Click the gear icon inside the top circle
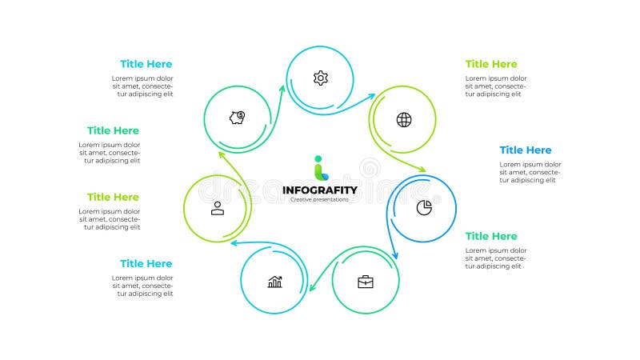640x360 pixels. pos(320,78)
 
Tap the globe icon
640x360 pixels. pos(404,120)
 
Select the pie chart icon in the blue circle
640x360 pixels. pos(424,208)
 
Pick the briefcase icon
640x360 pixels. pos(366,282)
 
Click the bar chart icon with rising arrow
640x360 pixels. pos(274,282)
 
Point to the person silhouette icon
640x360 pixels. pos(217,208)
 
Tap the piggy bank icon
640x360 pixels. pos(237,118)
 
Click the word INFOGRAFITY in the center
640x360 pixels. pos(320,190)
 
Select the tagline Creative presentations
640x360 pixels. pos(320,199)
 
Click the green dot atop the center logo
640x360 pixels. pos(318,158)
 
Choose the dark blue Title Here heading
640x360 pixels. pos(526,150)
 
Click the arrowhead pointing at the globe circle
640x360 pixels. pos(371,96)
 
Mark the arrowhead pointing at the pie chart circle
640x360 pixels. pos(422,170)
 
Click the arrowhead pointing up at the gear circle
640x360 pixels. pos(282,89)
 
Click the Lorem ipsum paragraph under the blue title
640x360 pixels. pos(530,172)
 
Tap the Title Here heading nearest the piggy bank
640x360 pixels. pos(146,64)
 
